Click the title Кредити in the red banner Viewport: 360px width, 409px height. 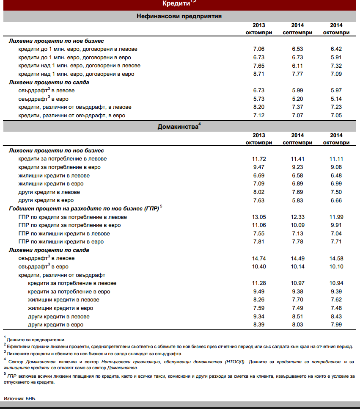[x=176, y=4]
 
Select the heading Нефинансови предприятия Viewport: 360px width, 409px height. [x=179, y=17]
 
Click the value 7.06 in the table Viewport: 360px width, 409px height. [x=258, y=49]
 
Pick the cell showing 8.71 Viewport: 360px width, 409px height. [x=258, y=74]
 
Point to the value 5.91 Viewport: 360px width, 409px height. [x=336, y=58]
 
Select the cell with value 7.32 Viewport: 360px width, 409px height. [x=336, y=66]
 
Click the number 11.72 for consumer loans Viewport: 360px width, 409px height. [x=258, y=159]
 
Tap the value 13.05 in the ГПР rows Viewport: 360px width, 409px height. [x=258, y=217]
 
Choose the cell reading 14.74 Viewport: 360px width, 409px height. [x=258, y=258]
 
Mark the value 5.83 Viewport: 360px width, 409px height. [x=297, y=200]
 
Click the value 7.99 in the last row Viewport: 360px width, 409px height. [x=336, y=325]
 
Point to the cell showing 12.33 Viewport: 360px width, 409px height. [x=297, y=217]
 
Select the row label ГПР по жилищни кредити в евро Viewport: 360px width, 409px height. [x=61, y=242]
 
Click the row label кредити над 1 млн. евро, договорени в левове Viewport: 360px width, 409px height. [x=79, y=66]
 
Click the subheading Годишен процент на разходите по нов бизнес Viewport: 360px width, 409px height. [x=83, y=209]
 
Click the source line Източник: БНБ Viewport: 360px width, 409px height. [x=20, y=398]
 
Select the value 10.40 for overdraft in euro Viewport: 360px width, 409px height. [x=258, y=267]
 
